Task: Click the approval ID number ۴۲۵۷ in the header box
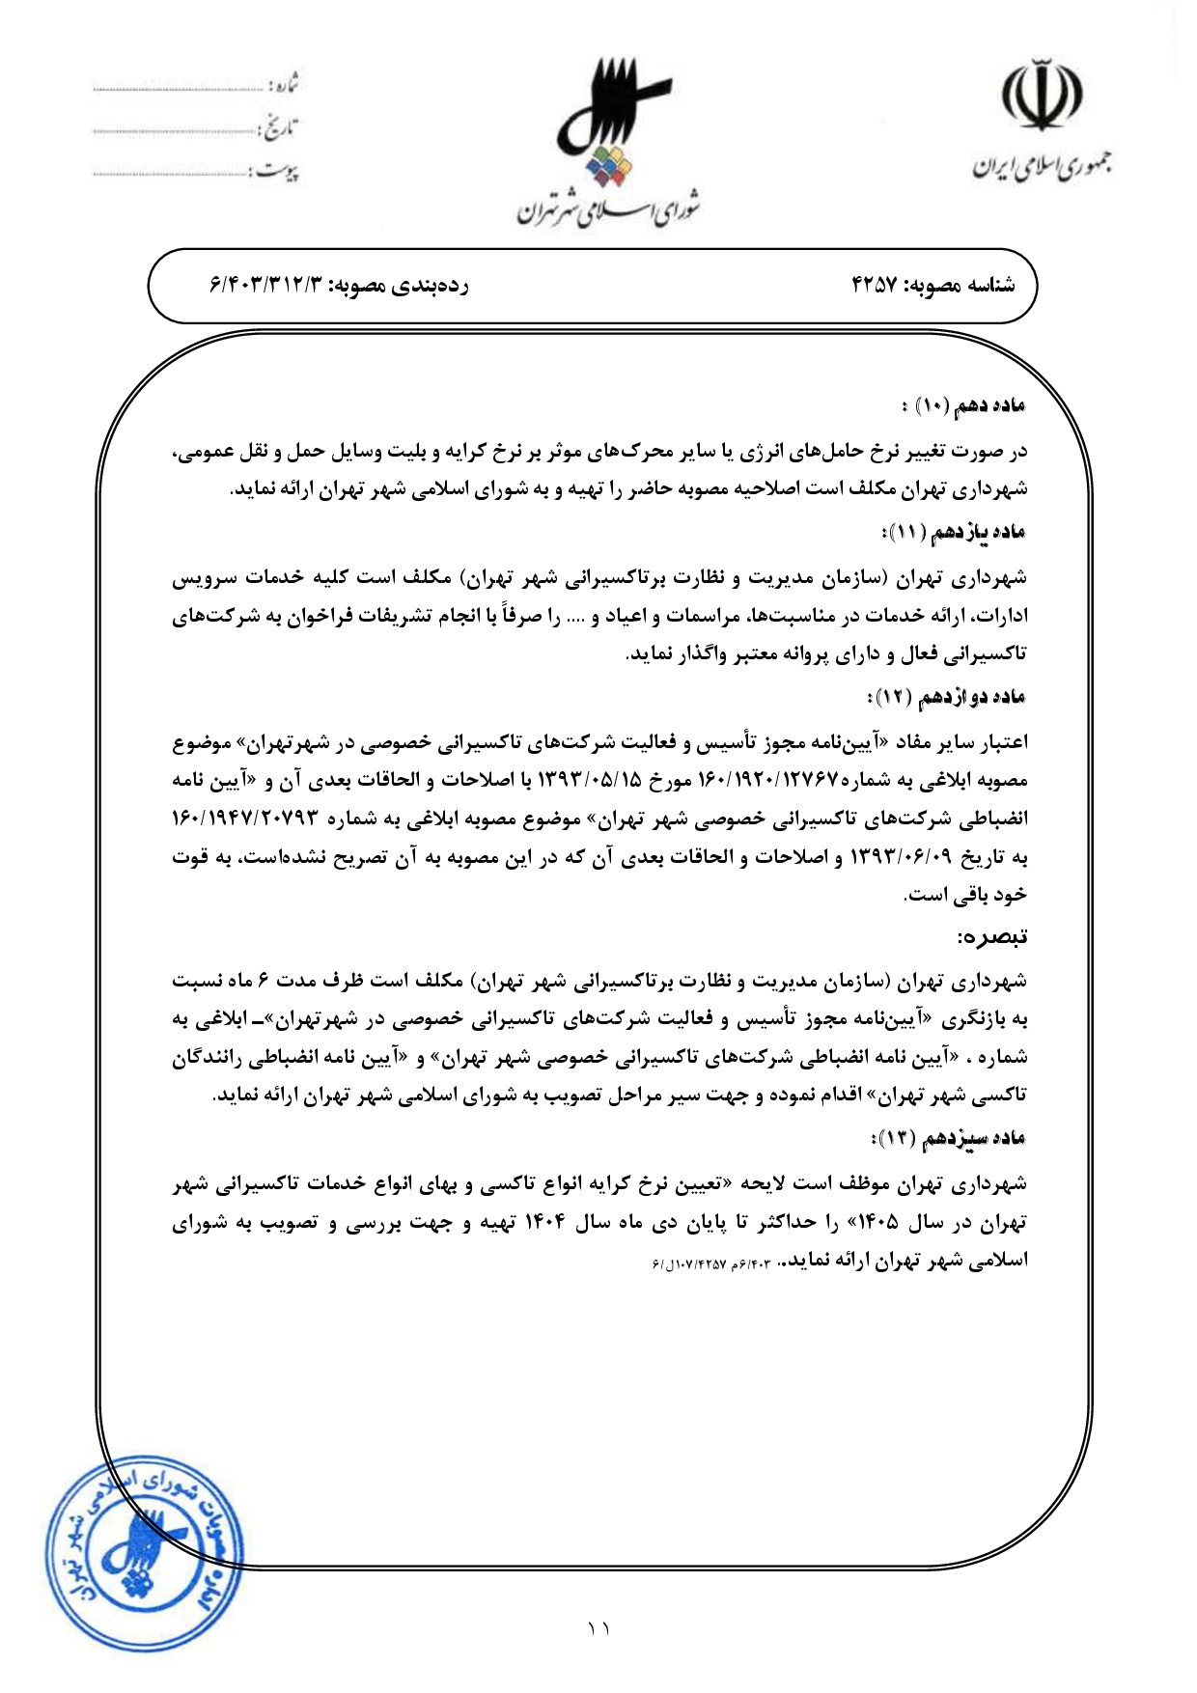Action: coord(875,286)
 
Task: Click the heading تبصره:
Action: coord(991,937)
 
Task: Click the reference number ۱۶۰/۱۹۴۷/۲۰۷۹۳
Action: coord(245,819)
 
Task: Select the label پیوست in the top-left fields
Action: coord(277,173)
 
